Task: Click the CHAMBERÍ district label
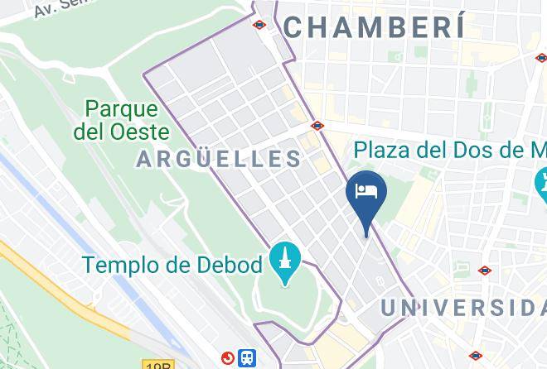click(373, 26)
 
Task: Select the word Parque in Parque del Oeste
click(121, 109)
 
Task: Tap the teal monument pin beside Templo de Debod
click(284, 263)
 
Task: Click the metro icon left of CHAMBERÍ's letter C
click(259, 25)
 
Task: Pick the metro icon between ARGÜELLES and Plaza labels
click(317, 126)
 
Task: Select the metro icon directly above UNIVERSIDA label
click(485, 271)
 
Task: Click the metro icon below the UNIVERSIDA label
click(475, 357)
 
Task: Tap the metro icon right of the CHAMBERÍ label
click(540, 58)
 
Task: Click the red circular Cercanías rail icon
click(228, 357)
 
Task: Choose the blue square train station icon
click(247, 357)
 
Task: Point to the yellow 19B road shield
click(158, 365)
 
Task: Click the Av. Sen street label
click(59, 8)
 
